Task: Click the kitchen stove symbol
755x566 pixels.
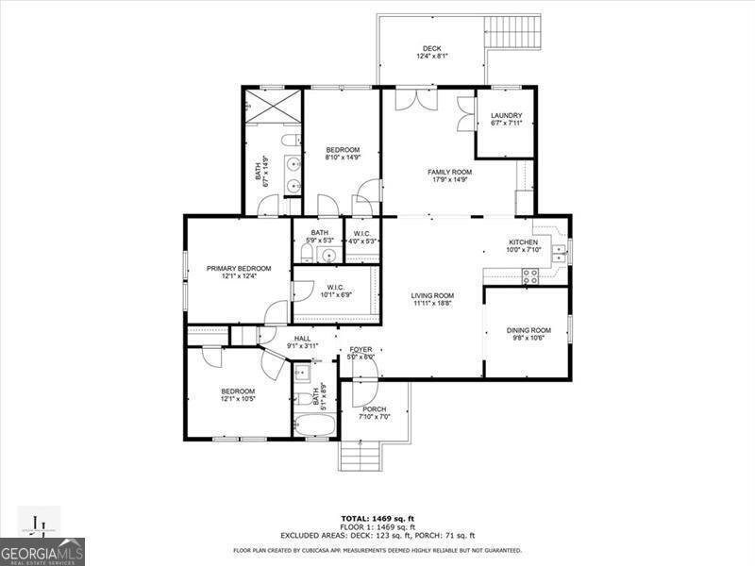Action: [530, 275]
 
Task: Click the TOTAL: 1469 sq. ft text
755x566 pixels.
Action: [377, 518]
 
